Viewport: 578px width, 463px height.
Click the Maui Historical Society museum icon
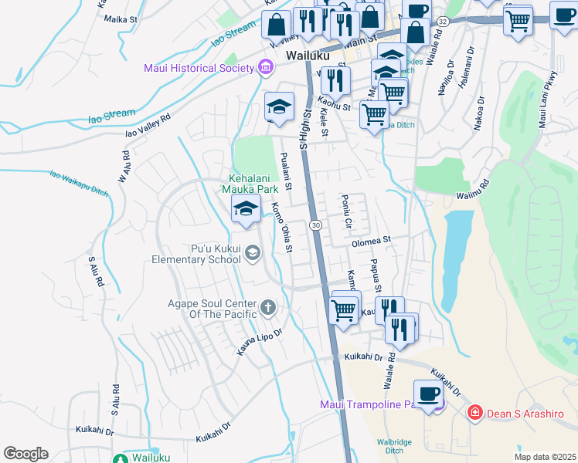pyautogui.click(x=266, y=68)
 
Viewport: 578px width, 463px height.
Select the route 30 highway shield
pyautogui.click(x=316, y=225)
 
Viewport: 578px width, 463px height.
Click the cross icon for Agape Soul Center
pyautogui.click(x=267, y=308)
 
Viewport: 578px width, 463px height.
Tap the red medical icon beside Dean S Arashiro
pyautogui.click(x=474, y=414)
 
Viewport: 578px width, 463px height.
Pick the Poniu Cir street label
pyautogui.click(x=346, y=211)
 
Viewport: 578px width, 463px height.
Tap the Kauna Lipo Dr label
pyautogui.click(x=260, y=344)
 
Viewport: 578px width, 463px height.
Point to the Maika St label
pyautogui.click(x=119, y=19)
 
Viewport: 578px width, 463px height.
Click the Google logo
pyautogui.click(x=25, y=454)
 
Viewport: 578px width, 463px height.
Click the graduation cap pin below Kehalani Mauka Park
pyautogui.click(x=246, y=209)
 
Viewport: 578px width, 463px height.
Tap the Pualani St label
pyautogui.click(x=286, y=170)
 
